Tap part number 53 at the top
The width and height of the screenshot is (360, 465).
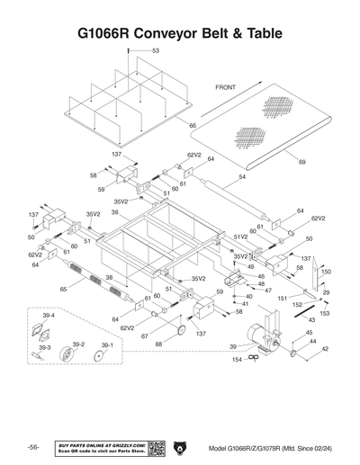(x=155, y=51)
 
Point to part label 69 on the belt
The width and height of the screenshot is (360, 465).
(x=302, y=162)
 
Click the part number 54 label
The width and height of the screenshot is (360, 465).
(x=242, y=178)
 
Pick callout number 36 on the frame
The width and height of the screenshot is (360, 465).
(x=115, y=212)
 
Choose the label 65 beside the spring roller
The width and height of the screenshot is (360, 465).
(x=63, y=290)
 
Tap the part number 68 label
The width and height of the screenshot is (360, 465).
(x=158, y=344)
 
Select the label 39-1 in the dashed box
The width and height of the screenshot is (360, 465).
(x=107, y=344)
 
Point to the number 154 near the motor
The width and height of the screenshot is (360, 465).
(x=237, y=359)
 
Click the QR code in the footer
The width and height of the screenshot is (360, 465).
(x=156, y=448)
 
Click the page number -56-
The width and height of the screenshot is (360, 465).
(x=32, y=448)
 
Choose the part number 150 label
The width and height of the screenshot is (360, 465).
(x=327, y=271)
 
